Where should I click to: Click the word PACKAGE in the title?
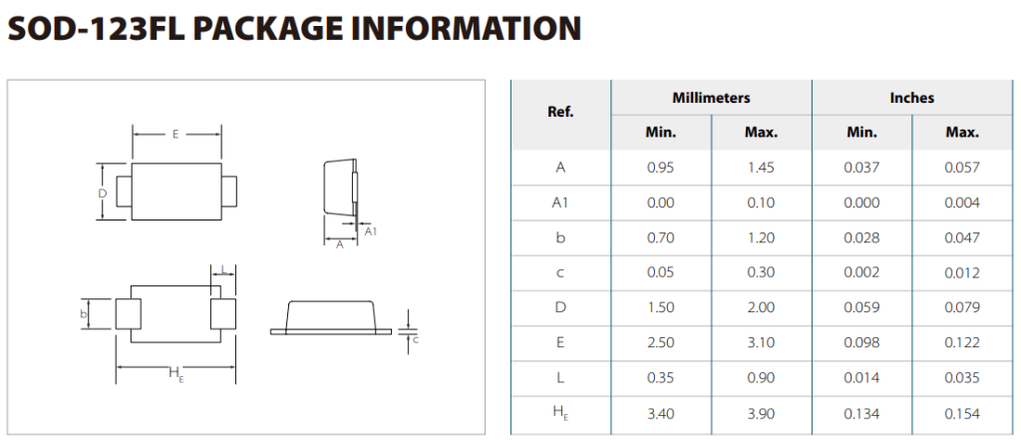[x=264, y=28]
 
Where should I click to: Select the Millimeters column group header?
[x=711, y=98]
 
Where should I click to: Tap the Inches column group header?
[x=911, y=98]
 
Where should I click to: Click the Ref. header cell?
[x=560, y=112]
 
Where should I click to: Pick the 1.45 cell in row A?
[x=761, y=168]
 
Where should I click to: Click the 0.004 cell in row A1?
[x=962, y=203]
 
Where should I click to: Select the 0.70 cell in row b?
[x=660, y=237]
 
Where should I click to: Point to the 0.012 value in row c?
[x=962, y=273]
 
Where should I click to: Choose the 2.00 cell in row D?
[x=761, y=307]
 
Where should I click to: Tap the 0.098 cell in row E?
[x=861, y=343]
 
